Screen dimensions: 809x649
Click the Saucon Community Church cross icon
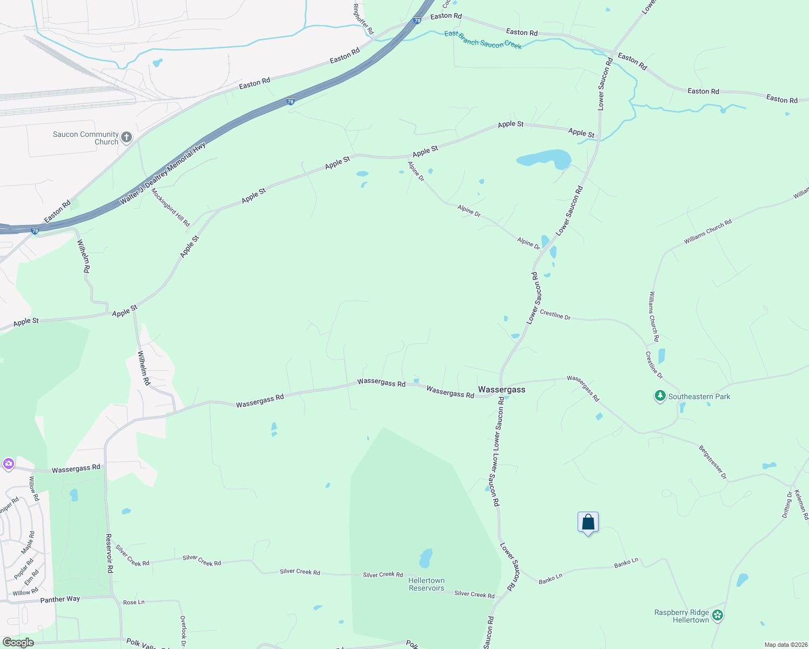127,137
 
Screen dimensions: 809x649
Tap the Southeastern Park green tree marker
660,396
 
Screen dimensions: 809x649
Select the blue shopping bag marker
588,522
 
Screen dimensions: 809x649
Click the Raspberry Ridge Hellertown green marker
718,615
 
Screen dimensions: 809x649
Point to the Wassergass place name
501,389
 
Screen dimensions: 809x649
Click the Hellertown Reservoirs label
426,584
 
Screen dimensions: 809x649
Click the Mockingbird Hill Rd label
170,207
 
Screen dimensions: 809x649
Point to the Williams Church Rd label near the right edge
707,232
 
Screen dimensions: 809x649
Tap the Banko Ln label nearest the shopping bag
626,564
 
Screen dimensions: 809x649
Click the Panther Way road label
60,599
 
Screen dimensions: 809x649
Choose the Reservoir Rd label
109,553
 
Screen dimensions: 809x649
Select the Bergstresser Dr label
713,462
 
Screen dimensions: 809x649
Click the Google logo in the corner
18,643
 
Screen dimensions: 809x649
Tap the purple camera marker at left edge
8,464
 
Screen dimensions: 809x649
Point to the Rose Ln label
134,602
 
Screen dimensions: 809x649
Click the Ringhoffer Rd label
363,19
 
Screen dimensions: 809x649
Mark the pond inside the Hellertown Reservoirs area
426,558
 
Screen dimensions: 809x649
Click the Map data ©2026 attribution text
786,645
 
